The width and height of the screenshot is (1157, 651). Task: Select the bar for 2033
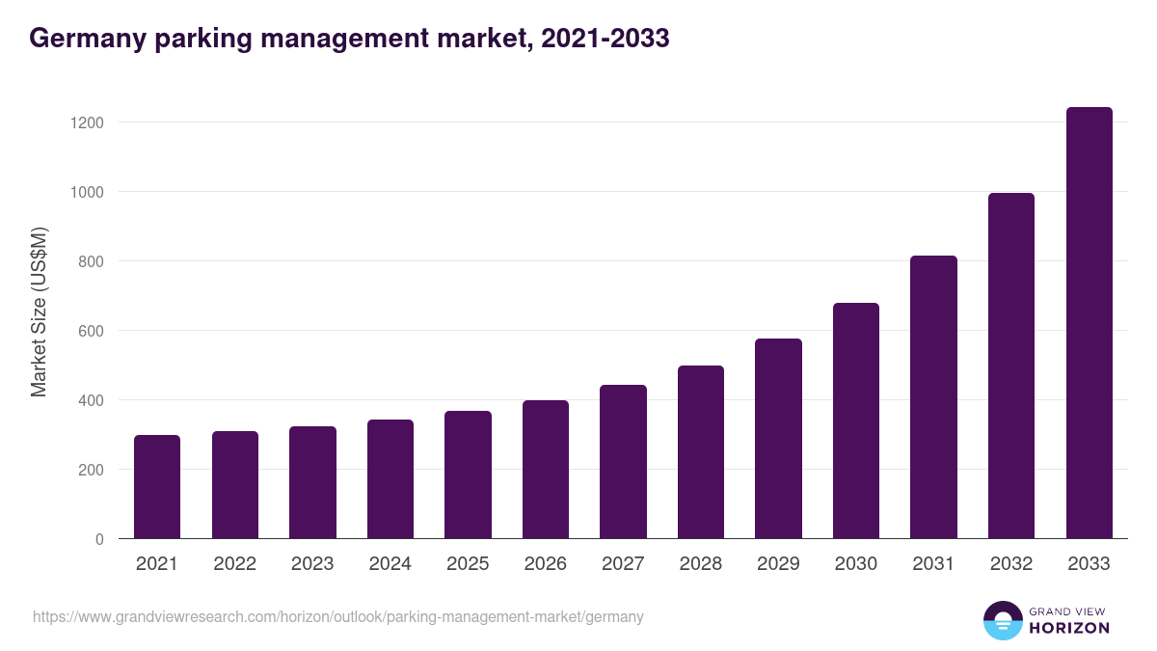[x=1089, y=323]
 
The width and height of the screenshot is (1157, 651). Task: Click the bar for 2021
[x=157, y=487]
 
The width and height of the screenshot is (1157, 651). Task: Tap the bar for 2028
[x=701, y=452]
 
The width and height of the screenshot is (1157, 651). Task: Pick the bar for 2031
[x=933, y=397]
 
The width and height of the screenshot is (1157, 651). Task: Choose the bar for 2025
[x=468, y=475]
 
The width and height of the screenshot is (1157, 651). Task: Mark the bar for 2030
[x=856, y=420]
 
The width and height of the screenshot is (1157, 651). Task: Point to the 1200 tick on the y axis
[x=88, y=122]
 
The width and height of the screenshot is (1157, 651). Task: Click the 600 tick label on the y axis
[x=92, y=331]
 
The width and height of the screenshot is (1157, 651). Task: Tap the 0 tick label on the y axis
[x=99, y=539]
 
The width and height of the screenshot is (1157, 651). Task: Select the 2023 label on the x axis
[x=312, y=564]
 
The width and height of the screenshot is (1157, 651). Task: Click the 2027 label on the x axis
[x=623, y=564]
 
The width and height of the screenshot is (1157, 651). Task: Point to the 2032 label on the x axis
[x=1011, y=564]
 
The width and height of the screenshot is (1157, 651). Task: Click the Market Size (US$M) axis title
[x=39, y=312]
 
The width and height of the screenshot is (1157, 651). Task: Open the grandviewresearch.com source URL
[x=337, y=616]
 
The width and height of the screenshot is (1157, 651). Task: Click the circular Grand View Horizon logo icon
[x=1003, y=620]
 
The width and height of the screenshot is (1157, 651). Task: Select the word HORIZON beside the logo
[x=1069, y=628]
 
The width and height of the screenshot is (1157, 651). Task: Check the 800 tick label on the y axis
[x=92, y=261]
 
